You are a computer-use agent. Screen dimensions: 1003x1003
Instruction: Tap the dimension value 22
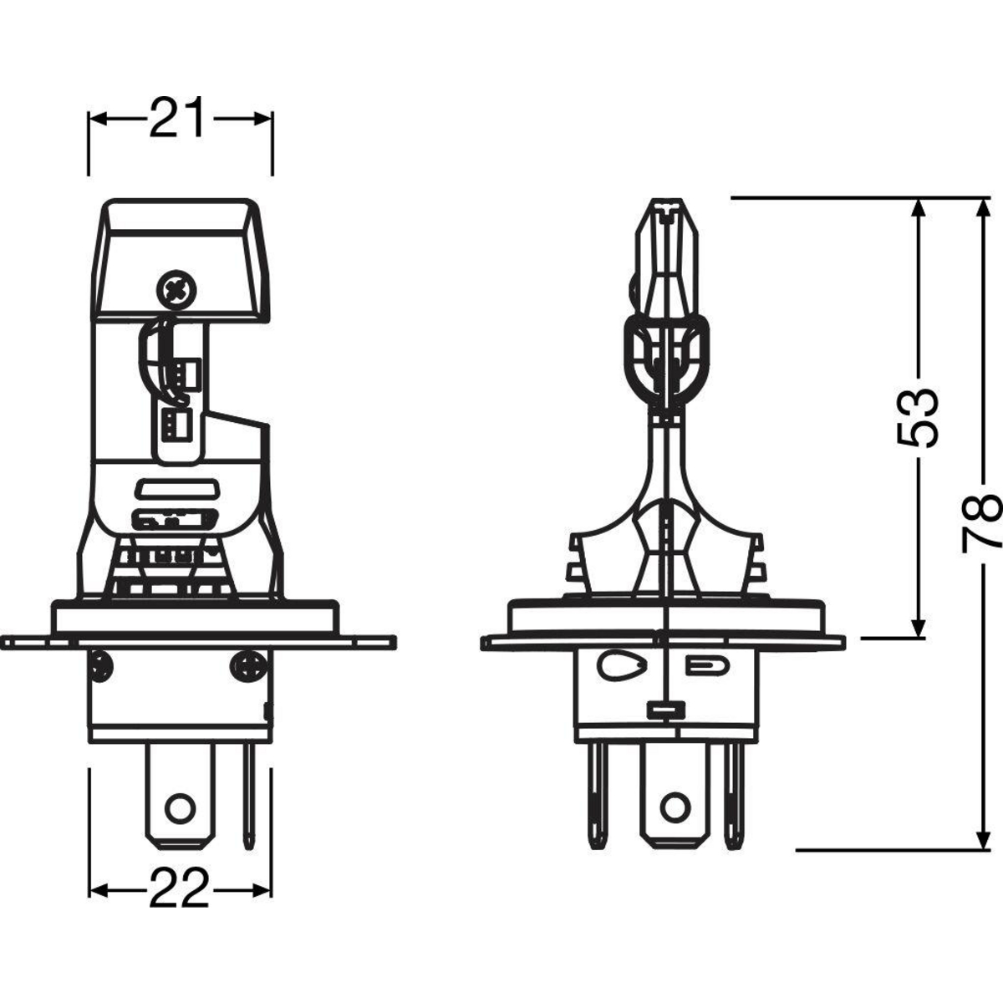pos(179,889)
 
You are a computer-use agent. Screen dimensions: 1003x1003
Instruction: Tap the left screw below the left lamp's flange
pos(101,665)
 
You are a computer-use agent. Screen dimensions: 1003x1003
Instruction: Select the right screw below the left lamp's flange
pos(249,664)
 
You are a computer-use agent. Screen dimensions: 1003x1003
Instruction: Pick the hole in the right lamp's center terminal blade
pos(675,807)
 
